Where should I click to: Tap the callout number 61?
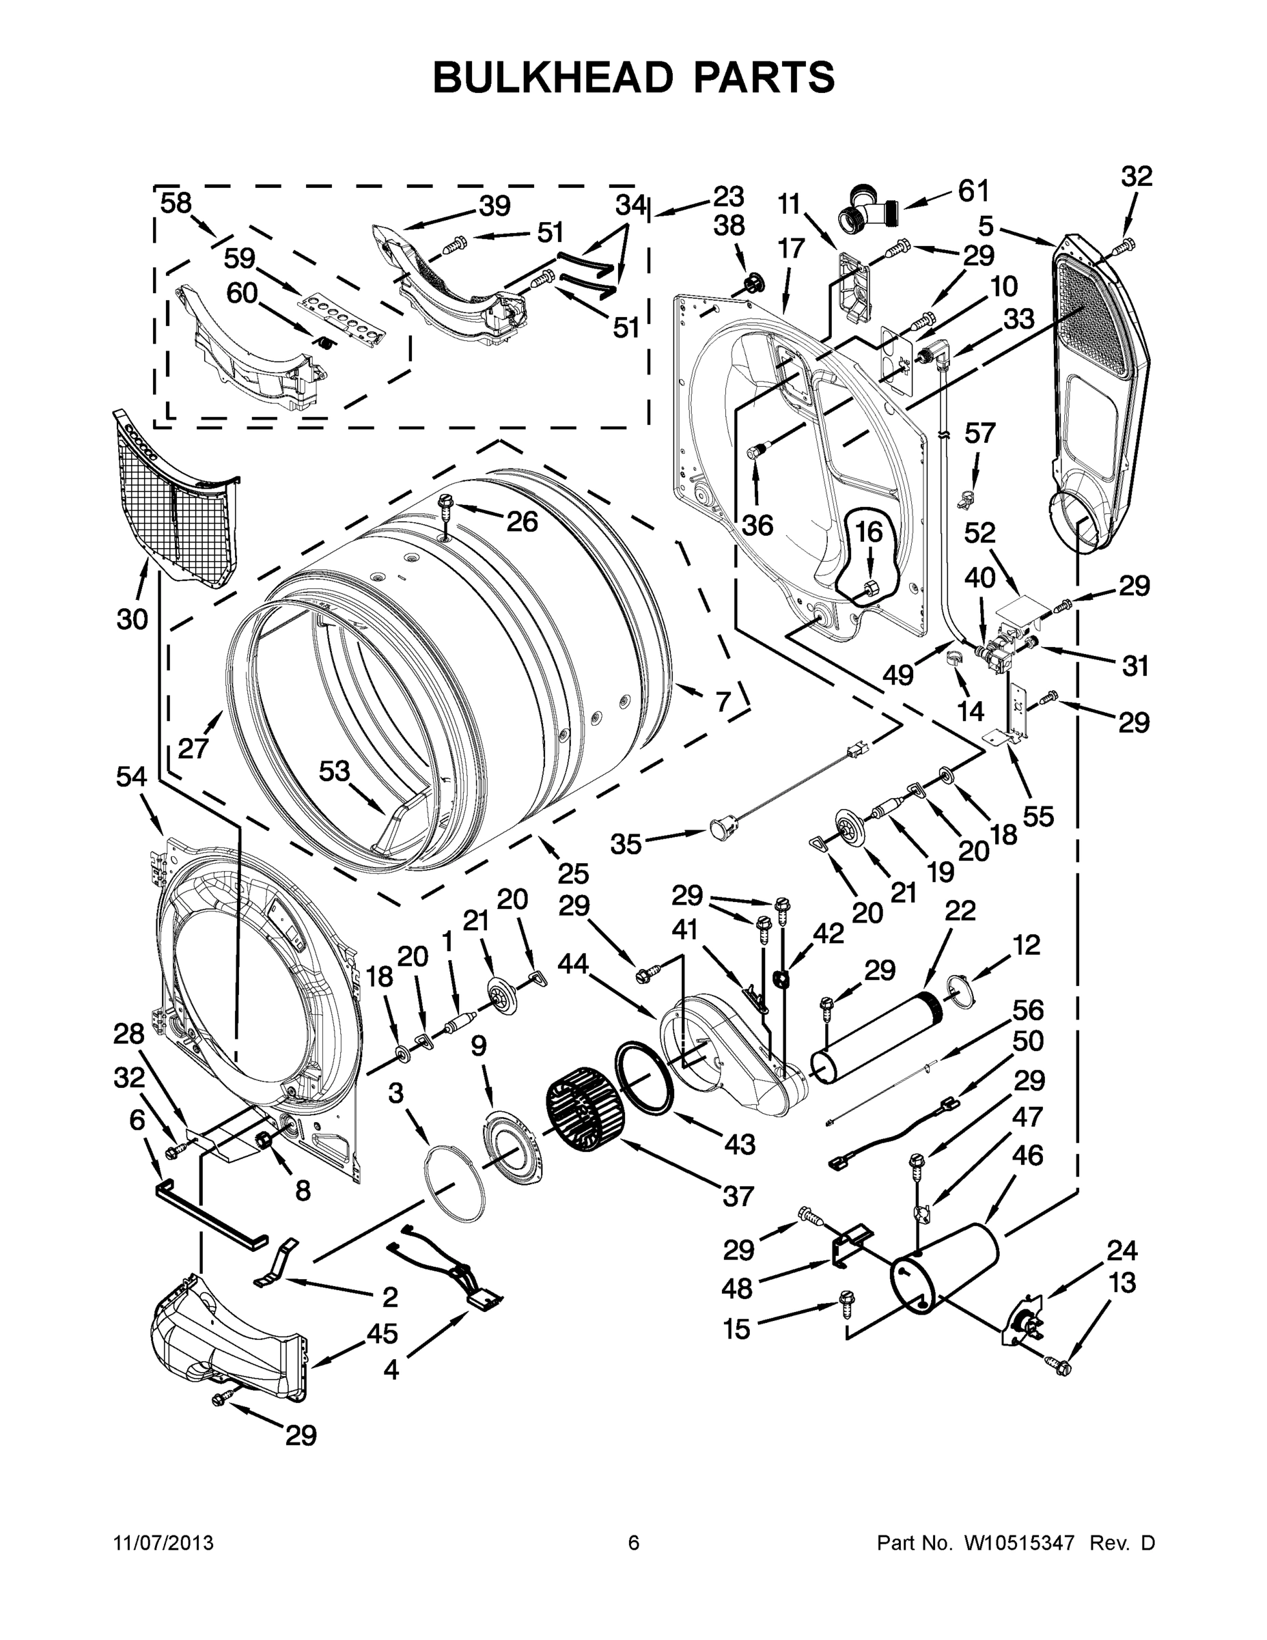(x=973, y=191)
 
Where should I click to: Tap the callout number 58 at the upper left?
(x=176, y=204)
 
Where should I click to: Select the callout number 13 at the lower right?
(x=1122, y=1283)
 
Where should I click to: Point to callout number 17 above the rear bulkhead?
(x=791, y=248)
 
